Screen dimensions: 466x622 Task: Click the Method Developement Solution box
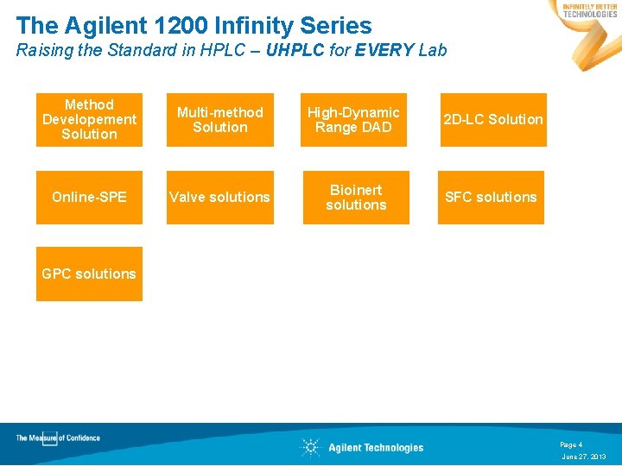click(x=89, y=120)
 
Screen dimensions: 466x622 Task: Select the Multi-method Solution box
click(x=220, y=120)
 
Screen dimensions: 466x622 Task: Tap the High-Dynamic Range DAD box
click(x=355, y=120)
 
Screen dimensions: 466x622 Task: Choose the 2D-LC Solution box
click(x=493, y=120)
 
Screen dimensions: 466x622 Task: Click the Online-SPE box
click(x=89, y=198)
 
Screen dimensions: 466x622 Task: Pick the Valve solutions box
click(x=220, y=198)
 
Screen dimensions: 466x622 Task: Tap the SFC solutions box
click(x=491, y=198)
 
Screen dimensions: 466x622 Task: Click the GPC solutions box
click(x=89, y=274)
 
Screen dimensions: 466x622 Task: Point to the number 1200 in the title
click(x=182, y=26)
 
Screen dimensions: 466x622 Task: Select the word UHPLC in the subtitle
click(x=296, y=50)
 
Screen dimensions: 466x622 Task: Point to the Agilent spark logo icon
click(x=310, y=447)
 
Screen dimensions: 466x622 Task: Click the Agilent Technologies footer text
click(x=376, y=447)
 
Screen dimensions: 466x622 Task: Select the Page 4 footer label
click(x=571, y=444)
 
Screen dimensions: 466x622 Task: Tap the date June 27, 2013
click(x=584, y=457)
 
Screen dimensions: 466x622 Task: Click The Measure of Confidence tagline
click(x=58, y=438)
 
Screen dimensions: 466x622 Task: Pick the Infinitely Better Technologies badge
click(x=590, y=10)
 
